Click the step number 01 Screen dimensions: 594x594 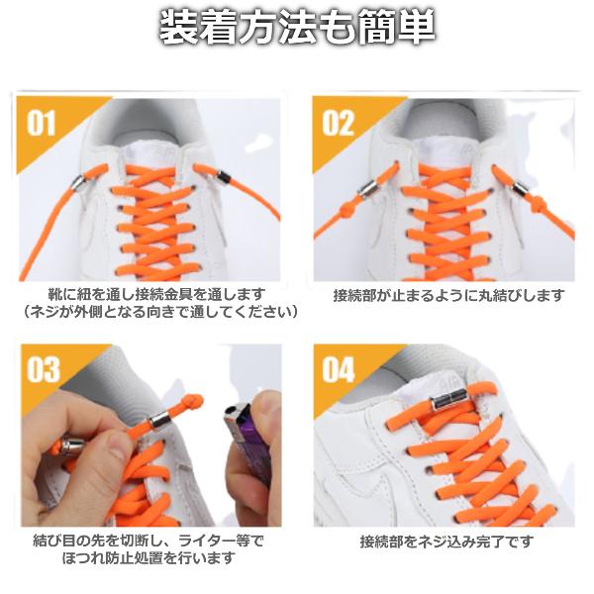click(x=42, y=123)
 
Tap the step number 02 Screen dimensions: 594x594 click(x=338, y=123)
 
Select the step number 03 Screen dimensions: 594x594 click(x=44, y=369)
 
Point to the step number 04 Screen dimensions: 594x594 click(x=339, y=369)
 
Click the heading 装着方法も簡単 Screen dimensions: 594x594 click(x=297, y=28)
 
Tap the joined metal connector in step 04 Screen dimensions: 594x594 click(x=448, y=399)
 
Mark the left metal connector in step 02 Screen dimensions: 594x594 click(x=367, y=188)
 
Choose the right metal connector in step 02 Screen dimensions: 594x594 click(x=519, y=188)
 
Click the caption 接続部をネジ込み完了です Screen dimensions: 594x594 click(x=446, y=542)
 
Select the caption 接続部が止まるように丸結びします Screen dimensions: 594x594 click(x=448, y=295)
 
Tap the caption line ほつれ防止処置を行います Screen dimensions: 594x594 click(x=148, y=558)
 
